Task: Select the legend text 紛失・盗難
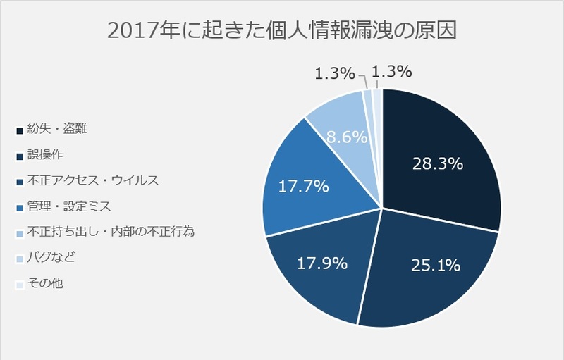click(57, 128)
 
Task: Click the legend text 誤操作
click(44, 154)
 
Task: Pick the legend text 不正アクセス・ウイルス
click(93, 180)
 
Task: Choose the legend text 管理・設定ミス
click(68, 206)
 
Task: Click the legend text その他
click(44, 284)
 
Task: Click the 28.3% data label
click(437, 164)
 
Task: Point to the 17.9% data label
click(321, 264)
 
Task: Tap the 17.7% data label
click(304, 187)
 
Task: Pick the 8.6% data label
click(346, 137)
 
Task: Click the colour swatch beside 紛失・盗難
click(18, 130)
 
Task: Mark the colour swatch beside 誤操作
click(18, 156)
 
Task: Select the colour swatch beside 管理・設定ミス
click(18, 207)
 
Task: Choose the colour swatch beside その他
click(18, 285)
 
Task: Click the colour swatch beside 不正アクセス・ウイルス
click(18, 182)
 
